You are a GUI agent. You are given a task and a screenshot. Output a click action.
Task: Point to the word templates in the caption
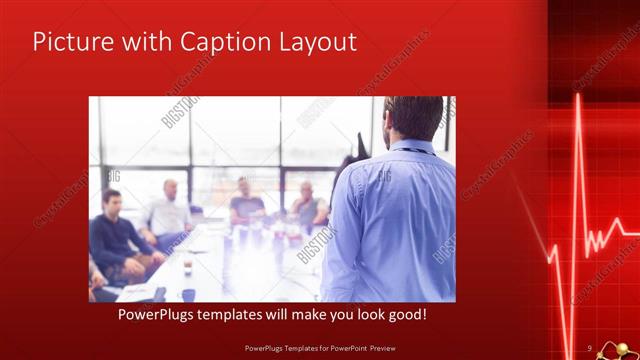pyautogui.click(x=236, y=314)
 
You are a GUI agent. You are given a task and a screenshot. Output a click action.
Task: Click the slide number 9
pyautogui.click(x=589, y=347)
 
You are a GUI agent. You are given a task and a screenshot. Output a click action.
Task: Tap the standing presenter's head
pyautogui.click(x=412, y=116)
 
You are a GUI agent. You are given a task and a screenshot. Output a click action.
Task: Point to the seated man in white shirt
pyautogui.click(x=167, y=212)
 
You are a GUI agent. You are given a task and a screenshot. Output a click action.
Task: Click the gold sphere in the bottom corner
pyautogui.click(x=621, y=349)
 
